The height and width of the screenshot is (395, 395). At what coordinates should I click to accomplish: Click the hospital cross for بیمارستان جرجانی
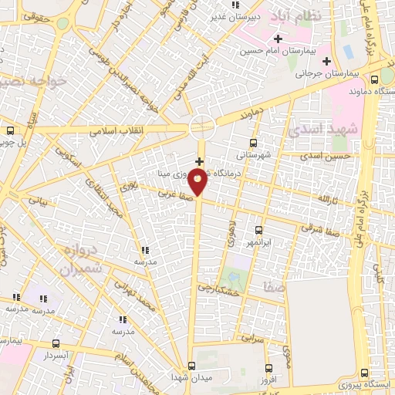[326, 61]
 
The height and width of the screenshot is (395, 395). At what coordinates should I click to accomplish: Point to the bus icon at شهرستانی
[254, 143]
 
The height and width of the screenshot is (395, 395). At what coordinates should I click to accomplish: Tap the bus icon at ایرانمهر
[258, 230]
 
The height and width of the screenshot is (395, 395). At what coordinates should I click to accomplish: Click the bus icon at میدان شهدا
[192, 366]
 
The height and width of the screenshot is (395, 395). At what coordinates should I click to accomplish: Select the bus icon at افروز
[268, 369]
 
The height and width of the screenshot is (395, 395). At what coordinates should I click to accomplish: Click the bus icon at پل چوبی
[10, 130]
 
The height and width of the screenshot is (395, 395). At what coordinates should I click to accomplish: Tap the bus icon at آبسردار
[56, 343]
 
